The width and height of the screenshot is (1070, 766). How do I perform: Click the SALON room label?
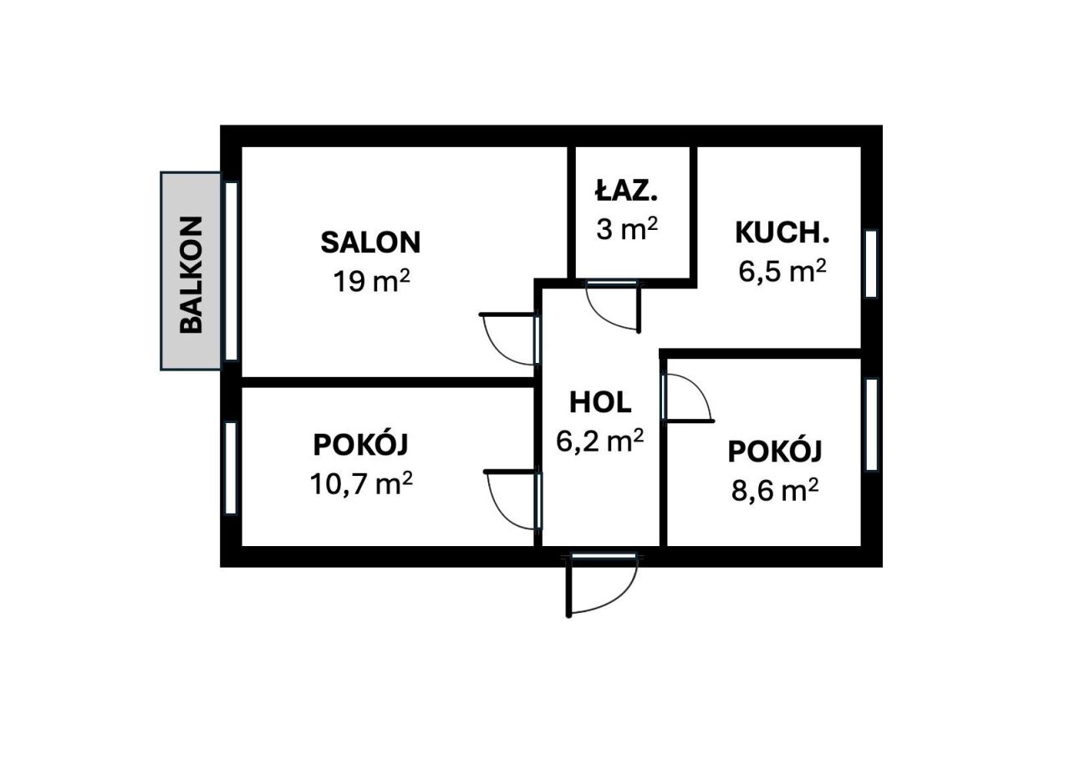tap(370, 243)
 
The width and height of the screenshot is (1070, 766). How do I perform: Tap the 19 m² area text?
tap(372, 280)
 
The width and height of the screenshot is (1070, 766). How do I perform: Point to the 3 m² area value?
tap(627, 229)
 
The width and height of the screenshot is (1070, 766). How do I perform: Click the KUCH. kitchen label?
tap(782, 232)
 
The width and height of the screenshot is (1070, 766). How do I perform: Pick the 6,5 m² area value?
tap(782, 271)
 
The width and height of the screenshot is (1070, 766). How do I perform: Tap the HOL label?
tap(600, 402)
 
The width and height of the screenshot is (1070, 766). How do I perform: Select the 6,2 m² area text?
tap(600, 440)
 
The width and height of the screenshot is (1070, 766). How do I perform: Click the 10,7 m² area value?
tap(361, 483)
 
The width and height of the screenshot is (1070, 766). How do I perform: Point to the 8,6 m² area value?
tap(775, 489)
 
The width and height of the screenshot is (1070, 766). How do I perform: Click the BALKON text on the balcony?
tap(191, 275)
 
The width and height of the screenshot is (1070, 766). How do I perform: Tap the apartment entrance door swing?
tap(602, 586)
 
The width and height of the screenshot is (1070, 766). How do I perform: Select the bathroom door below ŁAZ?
tap(613, 306)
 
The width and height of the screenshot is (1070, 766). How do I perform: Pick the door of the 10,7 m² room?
tap(513, 500)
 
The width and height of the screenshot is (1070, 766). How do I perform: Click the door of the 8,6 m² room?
tap(688, 398)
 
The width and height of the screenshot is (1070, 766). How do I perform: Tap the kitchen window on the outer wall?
tap(871, 264)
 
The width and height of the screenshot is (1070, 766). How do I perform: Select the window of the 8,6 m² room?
tap(871, 424)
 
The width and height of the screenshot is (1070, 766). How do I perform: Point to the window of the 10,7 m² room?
tap(231, 467)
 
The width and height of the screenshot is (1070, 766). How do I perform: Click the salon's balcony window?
tap(232, 272)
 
